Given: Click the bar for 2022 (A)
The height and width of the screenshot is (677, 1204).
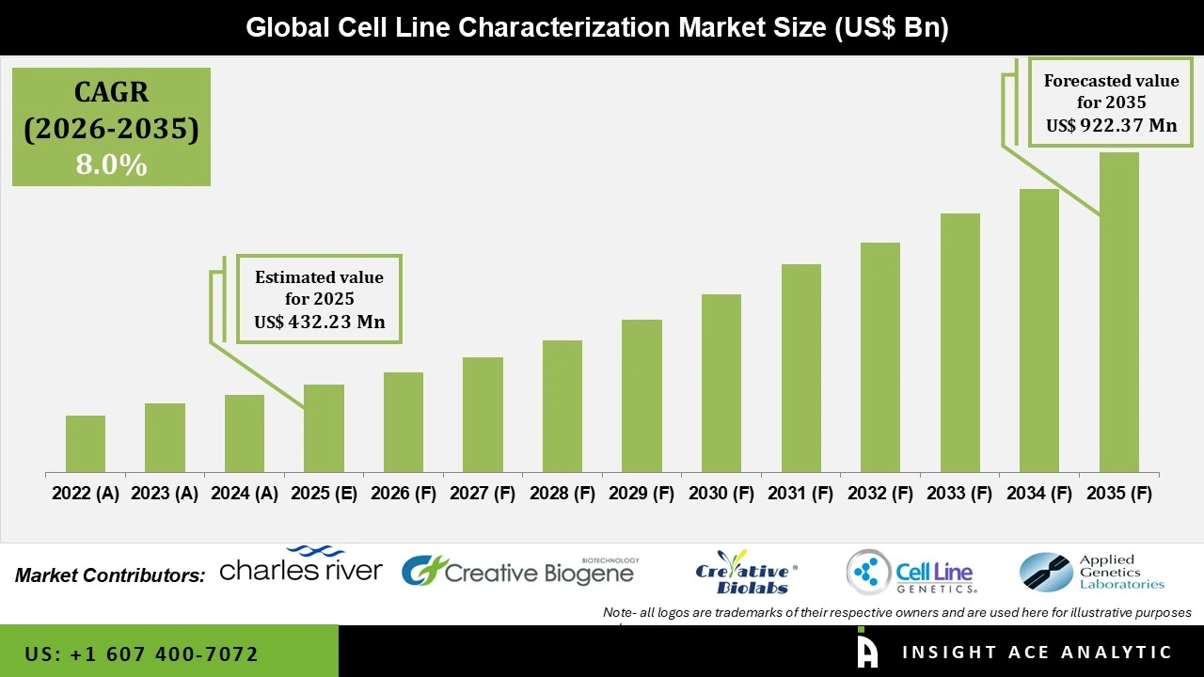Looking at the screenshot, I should [x=86, y=444].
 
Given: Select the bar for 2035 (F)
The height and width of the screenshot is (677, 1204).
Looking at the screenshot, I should [x=1118, y=312].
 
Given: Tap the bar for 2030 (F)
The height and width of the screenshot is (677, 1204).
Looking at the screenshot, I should [x=721, y=383].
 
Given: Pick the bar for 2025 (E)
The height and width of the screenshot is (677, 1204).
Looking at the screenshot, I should [x=324, y=428].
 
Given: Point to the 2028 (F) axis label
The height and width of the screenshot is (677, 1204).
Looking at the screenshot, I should [x=562, y=494].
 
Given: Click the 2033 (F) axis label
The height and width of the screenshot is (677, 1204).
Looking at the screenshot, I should [x=959, y=494].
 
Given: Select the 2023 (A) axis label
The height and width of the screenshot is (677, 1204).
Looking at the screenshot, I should [x=165, y=494].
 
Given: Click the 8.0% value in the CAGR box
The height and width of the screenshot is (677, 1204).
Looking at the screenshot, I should [x=111, y=165].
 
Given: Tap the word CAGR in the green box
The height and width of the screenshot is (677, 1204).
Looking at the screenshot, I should [x=111, y=93].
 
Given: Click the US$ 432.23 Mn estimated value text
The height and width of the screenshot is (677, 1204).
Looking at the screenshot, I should [x=319, y=322].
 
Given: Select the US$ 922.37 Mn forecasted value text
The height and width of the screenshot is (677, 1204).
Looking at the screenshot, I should [x=1111, y=125].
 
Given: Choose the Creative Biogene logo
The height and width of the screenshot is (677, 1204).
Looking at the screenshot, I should [x=519, y=571].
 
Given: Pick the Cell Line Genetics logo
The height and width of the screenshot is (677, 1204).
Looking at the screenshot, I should [x=911, y=573].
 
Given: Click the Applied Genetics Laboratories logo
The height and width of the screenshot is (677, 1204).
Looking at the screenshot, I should [x=1092, y=572].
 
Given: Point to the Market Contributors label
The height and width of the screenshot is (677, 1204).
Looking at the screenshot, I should [x=110, y=575].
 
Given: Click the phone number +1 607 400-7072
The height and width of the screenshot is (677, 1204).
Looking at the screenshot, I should [x=142, y=653].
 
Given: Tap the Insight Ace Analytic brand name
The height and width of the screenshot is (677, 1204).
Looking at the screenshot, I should [x=1037, y=653].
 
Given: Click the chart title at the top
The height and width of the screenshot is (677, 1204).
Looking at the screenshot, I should [x=597, y=27].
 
